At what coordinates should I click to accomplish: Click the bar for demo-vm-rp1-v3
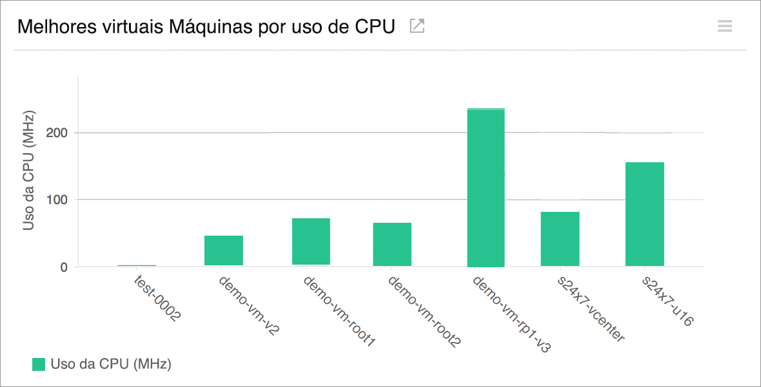point(486,187)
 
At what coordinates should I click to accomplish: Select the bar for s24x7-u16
point(644,214)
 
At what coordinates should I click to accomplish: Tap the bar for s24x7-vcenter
point(560,239)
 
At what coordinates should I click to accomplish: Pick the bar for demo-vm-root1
point(311,241)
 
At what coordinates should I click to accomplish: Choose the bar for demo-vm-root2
point(392,244)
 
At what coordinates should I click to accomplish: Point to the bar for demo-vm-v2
point(224,250)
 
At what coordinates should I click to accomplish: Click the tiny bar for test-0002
point(137,265)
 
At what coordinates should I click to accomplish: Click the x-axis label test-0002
point(157,298)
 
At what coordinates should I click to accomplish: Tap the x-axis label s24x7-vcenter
point(591,308)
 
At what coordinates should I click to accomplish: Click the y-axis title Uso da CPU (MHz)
point(28,171)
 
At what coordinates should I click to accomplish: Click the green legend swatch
point(39,364)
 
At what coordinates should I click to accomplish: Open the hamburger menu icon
point(725,26)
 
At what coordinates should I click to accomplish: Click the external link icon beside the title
point(417,26)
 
